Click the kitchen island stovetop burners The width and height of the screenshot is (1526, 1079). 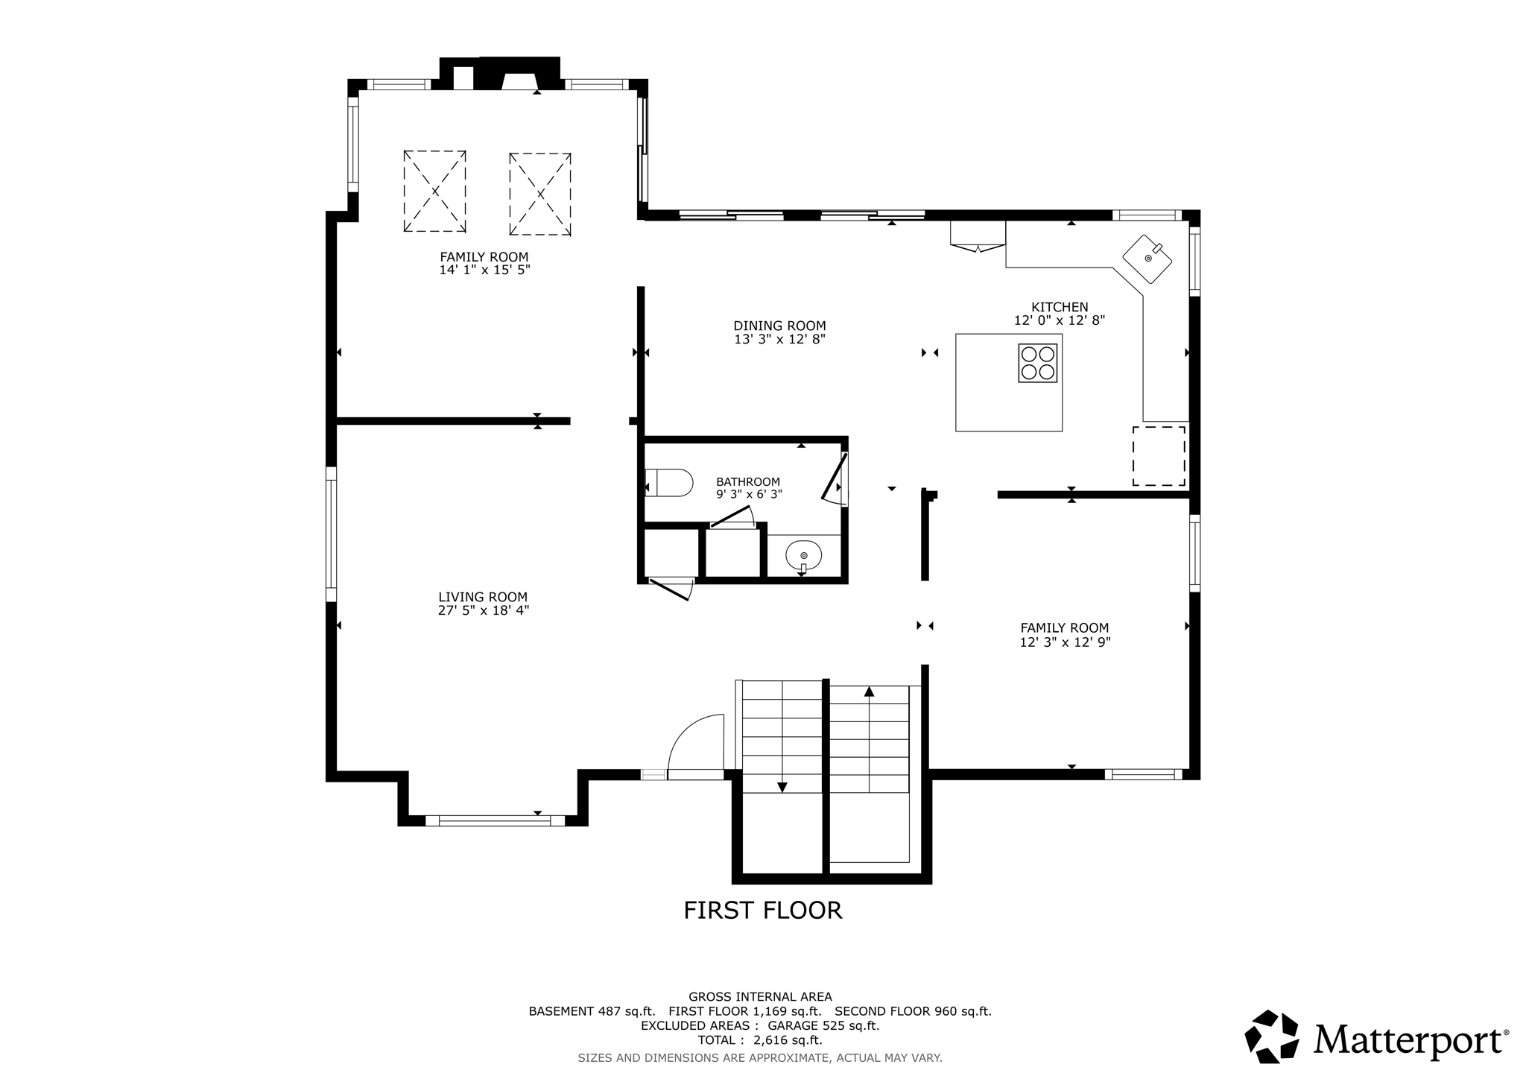[x=1037, y=363]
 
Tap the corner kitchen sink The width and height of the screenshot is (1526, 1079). [x=1147, y=259]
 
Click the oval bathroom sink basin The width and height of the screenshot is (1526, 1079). [x=803, y=556]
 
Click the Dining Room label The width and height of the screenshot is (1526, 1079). [x=779, y=326]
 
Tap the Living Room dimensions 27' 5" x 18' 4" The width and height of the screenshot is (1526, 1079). [x=483, y=610]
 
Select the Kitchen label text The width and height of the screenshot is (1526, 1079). [x=1059, y=307]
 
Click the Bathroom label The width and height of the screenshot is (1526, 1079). [x=748, y=481]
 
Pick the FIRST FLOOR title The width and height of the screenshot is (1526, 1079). [x=762, y=910]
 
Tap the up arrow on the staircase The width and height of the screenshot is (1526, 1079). [x=869, y=692]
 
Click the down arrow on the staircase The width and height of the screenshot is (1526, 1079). [x=782, y=786]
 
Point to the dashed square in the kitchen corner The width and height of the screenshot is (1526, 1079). [x=1159, y=456]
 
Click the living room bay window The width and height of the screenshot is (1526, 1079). [x=495, y=820]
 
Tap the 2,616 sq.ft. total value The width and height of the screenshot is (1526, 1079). [x=788, y=1040]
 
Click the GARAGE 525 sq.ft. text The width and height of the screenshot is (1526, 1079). [x=823, y=1025]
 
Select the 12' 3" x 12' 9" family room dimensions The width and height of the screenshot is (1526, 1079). [x=1065, y=642]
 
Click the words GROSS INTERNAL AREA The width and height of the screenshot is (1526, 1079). [x=760, y=996]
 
